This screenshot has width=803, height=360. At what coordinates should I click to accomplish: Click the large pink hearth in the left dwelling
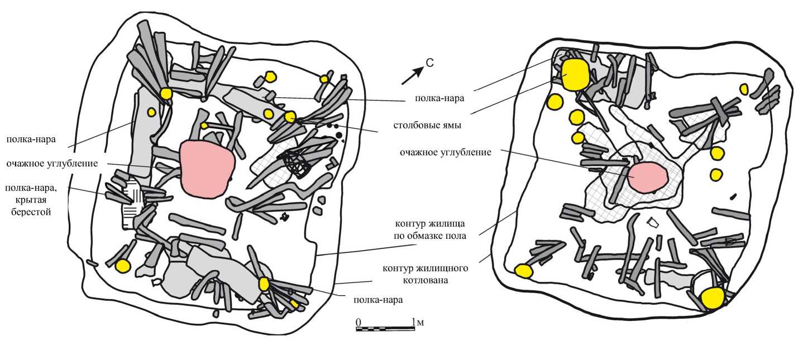(204, 168)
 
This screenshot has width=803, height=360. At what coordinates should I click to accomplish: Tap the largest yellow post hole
(575, 75)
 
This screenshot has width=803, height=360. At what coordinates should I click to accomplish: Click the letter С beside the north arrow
(429, 64)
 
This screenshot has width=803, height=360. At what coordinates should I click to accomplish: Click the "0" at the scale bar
(359, 322)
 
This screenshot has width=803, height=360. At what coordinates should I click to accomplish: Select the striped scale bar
(385, 329)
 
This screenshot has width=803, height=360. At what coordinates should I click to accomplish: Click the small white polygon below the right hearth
(652, 223)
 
